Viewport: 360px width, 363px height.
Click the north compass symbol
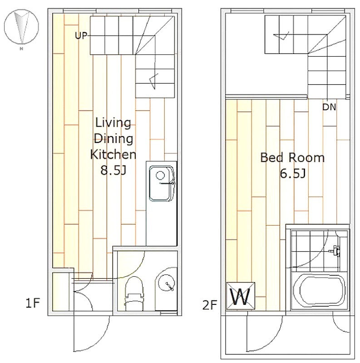(x=21, y=28)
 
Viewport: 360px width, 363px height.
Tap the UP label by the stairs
(x=81, y=36)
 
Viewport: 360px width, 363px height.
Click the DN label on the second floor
(x=329, y=107)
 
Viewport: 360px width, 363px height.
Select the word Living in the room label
(x=113, y=123)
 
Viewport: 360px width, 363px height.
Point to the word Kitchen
(x=113, y=154)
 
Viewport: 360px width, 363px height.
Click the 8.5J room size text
(x=113, y=171)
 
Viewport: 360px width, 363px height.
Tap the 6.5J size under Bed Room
(x=293, y=173)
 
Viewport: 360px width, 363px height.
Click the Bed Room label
(x=292, y=157)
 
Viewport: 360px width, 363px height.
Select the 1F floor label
(x=33, y=303)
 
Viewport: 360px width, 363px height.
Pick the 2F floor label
(x=209, y=305)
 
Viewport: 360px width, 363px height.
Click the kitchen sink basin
(x=161, y=183)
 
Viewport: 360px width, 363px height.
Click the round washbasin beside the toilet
(x=166, y=283)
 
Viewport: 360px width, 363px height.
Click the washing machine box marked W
(x=241, y=296)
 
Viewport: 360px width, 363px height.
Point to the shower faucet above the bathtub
(x=335, y=250)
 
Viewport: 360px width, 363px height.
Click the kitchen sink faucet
(x=167, y=183)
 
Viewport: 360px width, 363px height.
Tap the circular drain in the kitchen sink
(x=160, y=175)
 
